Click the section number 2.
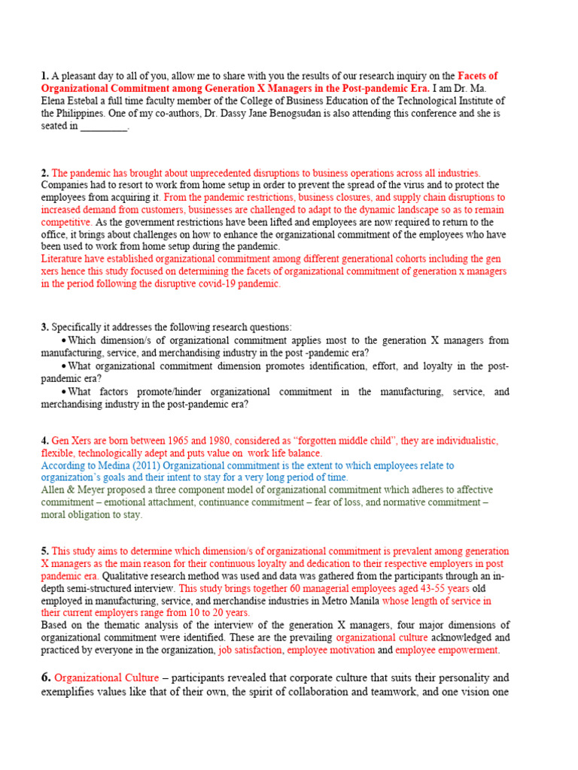(44, 173)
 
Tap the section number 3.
(44, 327)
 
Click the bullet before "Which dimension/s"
(64, 341)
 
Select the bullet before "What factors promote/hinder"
(64, 392)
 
